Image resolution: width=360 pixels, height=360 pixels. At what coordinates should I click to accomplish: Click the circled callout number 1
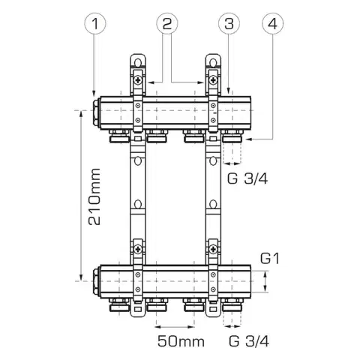95,23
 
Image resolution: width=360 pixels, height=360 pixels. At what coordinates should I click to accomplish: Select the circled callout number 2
167,23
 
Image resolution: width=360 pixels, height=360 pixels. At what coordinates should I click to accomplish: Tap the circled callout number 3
229,23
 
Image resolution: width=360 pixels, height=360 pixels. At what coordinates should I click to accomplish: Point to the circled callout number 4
272,23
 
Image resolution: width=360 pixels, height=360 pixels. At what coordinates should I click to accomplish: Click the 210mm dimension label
94,196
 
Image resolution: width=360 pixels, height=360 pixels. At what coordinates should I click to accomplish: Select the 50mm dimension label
181,341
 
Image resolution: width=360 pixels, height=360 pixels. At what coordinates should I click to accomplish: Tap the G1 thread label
270,258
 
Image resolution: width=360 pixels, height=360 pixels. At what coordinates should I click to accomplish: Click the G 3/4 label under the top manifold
247,178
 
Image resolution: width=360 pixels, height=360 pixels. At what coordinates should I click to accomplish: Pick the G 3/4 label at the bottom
249,341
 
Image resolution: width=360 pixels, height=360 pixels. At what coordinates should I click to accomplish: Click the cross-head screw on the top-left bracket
138,80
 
